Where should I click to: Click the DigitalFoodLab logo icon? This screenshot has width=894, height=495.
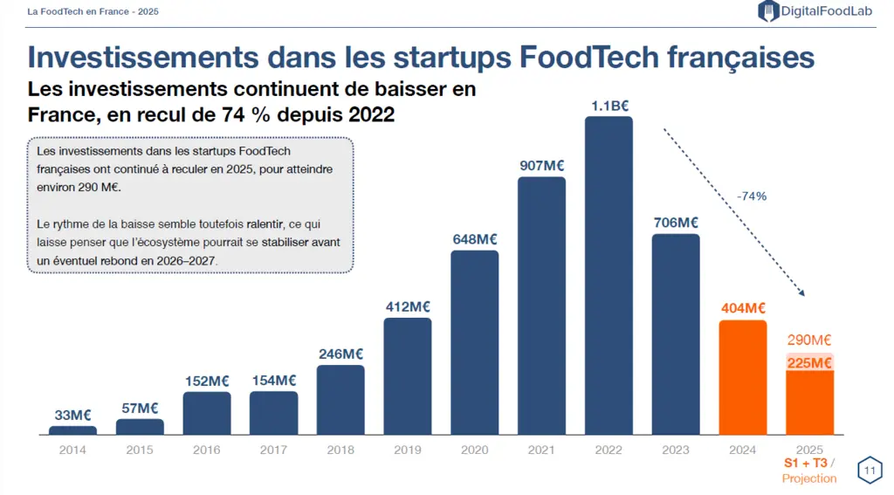coord(768,10)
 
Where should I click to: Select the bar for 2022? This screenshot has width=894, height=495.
coord(609,276)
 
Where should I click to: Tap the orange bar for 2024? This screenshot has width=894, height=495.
coord(742,377)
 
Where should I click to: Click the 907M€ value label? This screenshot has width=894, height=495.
coord(541,165)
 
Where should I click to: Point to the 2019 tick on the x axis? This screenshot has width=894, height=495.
coord(408,450)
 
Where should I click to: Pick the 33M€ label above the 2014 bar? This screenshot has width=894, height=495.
coord(72,416)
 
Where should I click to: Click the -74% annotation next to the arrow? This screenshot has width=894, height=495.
coord(752,196)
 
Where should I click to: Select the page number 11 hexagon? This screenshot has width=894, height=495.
coord(870,471)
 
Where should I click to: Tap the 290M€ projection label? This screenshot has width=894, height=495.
coord(809,340)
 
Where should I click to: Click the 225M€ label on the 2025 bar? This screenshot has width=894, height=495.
coord(809,362)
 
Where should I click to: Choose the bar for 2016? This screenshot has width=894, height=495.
coord(207,414)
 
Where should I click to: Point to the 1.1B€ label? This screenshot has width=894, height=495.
coord(609,107)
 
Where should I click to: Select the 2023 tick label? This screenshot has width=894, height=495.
coord(676,450)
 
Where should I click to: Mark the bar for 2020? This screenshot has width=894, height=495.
coord(474,343)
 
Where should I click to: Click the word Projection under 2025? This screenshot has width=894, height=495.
coord(809,478)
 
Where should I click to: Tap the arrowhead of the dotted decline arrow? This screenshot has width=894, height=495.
coord(801,292)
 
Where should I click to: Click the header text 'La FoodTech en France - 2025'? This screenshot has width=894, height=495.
coord(93,11)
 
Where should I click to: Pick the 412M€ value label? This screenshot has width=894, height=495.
coord(408,306)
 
